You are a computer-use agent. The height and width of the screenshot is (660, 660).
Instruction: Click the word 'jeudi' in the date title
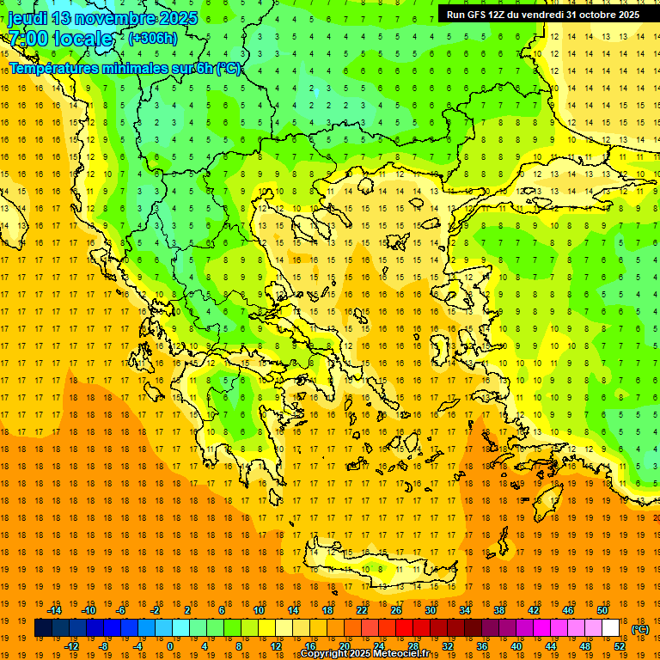(x=27, y=18)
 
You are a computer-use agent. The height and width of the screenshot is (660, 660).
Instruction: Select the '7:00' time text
(x=27, y=39)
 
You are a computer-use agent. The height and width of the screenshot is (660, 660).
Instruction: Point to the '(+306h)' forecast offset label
(x=153, y=39)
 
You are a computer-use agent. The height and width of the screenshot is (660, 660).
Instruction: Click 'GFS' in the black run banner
(x=479, y=15)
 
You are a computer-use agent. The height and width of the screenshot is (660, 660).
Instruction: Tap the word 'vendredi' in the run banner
(x=541, y=15)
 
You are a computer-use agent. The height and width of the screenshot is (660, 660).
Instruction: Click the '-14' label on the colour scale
(x=54, y=610)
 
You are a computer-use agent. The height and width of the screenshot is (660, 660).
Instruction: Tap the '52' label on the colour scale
(x=620, y=646)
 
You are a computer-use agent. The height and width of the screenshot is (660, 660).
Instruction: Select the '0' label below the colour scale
(x=169, y=646)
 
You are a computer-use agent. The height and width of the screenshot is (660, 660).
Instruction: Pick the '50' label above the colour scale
(x=602, y=610)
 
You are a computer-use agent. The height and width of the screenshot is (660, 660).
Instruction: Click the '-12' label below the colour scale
(x=71, y=646)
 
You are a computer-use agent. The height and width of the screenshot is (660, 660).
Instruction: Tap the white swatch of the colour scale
(x=610, y=628)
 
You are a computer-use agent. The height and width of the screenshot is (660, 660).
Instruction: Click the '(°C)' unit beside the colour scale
(x=639, y=628)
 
